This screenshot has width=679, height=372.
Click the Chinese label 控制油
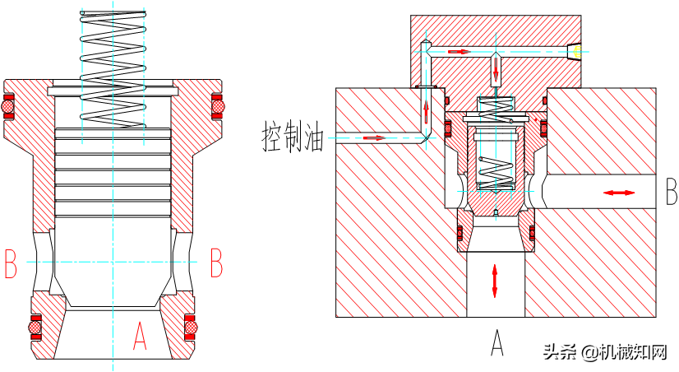[293, 137]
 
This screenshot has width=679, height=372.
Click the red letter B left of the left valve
[11, 263]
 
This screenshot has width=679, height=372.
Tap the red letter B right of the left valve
[216, 263]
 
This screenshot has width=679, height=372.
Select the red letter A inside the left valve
[140, 336]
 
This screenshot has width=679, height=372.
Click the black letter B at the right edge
[670, 193]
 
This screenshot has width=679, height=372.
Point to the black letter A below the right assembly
[497, 342]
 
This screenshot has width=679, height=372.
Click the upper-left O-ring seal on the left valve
[9, 107]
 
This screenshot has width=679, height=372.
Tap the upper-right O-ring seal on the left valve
[218, 107]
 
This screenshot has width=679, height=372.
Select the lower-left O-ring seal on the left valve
[35, 327]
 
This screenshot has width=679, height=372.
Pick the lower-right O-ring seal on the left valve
[191, 327]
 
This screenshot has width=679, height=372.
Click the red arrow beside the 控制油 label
[374, 137]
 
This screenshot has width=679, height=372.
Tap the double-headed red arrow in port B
[618, 193]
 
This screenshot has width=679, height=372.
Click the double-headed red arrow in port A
[495, 280]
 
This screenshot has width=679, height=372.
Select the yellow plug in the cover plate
[577, 52]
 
